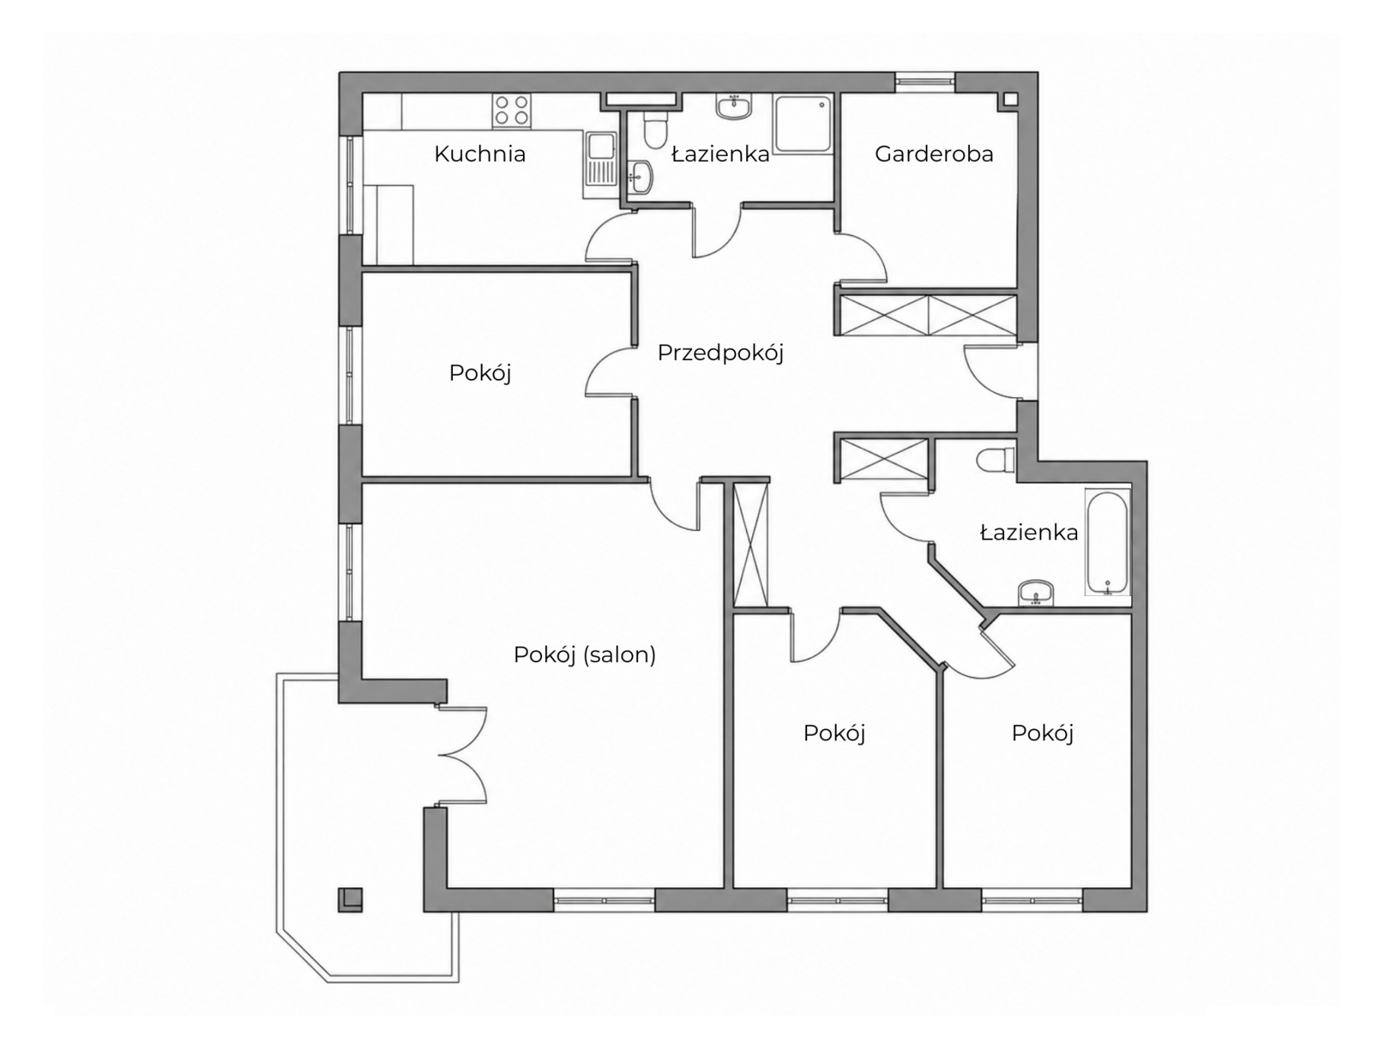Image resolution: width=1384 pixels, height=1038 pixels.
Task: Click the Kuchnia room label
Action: coord(480,154)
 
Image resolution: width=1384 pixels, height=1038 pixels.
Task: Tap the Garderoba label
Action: coord(934,154)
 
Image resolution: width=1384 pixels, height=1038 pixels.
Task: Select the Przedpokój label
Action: coord(720,353)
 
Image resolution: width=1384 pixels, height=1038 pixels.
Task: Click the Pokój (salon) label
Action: coord(585,654)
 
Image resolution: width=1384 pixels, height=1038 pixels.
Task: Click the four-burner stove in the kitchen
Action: coord(512,110)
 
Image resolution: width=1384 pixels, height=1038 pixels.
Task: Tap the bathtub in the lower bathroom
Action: coord(1107,543)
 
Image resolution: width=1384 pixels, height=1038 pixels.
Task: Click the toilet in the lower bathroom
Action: coord(996,460)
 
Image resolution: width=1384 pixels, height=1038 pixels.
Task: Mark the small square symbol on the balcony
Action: coord(350,899)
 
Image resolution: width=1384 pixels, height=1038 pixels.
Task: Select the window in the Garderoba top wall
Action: coord(924,81)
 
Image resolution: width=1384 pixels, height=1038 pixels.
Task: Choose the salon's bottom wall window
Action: coord(604,900)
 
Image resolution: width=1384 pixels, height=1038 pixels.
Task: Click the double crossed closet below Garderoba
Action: coord(928,315)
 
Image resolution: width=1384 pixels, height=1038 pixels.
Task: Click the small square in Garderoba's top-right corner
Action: coord(1010,99)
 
